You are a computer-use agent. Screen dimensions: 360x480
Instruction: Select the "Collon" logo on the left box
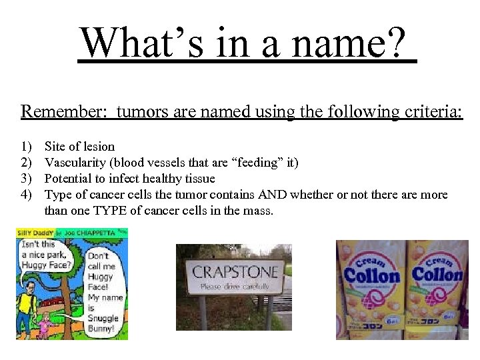[x=371, y=275]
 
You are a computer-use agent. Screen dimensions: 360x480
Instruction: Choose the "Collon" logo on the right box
[x=437, y=274]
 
